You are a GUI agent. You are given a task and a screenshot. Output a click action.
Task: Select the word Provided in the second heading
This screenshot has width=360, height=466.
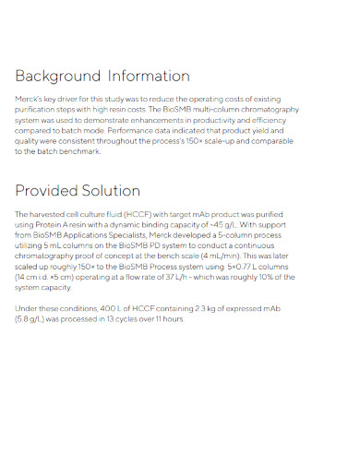45,191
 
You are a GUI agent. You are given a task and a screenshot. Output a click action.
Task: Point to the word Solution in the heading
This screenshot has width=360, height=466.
110,191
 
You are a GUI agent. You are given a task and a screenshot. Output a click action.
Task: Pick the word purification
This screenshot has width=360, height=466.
37,110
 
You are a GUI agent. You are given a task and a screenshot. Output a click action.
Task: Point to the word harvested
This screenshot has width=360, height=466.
49,215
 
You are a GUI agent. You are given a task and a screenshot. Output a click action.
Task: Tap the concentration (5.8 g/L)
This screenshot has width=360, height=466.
33,319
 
